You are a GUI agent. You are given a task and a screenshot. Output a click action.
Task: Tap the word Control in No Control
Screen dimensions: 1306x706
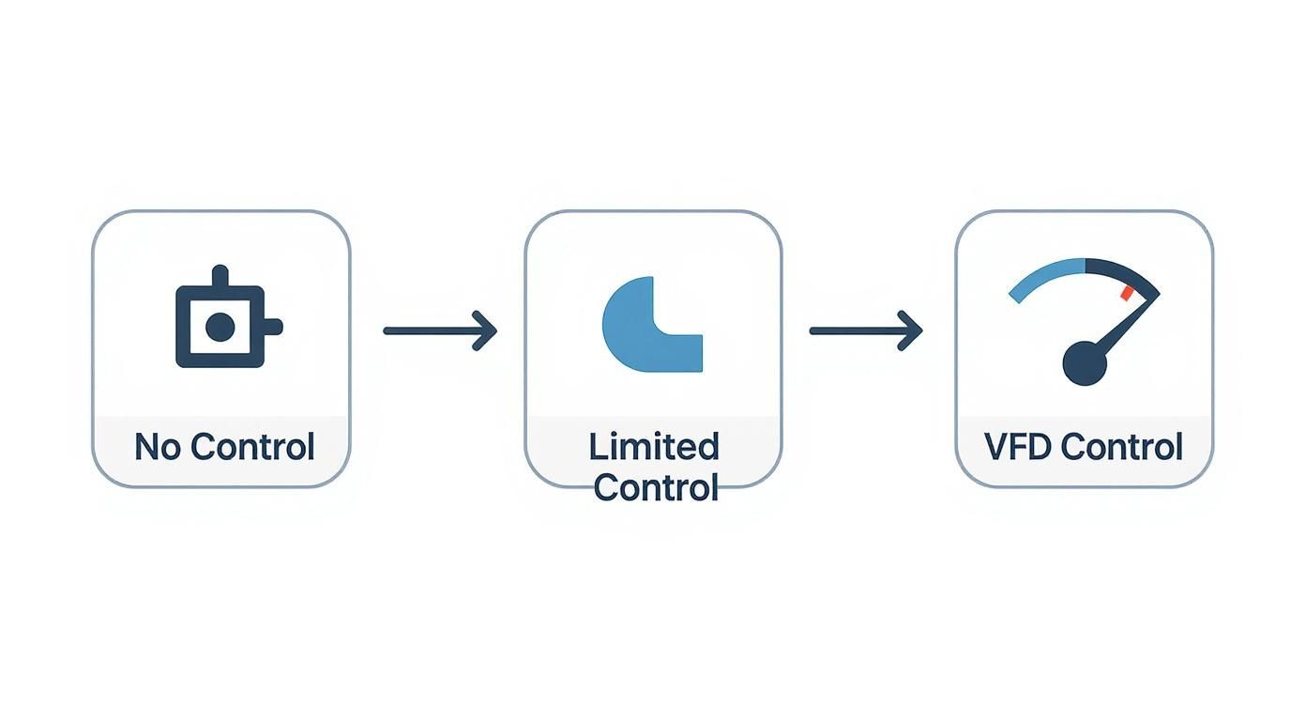[x=252, y=446]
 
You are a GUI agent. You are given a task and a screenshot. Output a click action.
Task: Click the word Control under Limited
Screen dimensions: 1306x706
[x=655, y=487]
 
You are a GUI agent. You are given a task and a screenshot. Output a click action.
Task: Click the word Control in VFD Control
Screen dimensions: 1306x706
[x=1122, y=446]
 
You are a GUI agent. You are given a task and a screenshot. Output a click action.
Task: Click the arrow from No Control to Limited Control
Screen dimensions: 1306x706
[x=440, y=330]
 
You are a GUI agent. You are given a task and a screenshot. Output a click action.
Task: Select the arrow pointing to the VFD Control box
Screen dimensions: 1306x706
[x=866, y=330]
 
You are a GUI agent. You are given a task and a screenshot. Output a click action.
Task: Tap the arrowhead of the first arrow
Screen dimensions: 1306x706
[x=485, y=330]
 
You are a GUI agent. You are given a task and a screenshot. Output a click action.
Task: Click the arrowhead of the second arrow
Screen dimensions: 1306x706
[x=911, y=330]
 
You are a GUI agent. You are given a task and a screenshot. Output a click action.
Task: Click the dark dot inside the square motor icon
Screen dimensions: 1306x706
[x=220, y=327]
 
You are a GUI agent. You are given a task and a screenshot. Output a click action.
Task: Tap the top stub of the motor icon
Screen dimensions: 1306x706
[x=220, y=275]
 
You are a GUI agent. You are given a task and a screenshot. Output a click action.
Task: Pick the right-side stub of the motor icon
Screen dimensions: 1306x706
[x=273, y=327]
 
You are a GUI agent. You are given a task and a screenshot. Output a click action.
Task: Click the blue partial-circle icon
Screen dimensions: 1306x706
[x=652, y=325]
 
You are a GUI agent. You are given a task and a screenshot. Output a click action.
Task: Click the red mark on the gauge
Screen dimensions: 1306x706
[x=1127, y=293]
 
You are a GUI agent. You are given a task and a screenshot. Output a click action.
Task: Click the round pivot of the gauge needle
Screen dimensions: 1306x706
[x=1085, y=363]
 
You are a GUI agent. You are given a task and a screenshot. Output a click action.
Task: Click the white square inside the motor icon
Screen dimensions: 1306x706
[x=220, y=327]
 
